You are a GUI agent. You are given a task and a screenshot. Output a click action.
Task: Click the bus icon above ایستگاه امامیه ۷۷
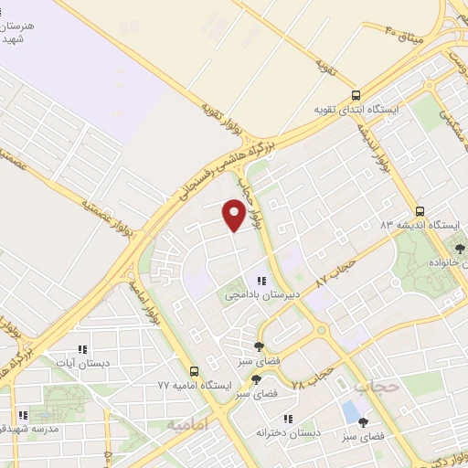click(194, 371)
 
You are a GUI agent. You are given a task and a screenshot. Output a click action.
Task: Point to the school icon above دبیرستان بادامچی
click(261, 281)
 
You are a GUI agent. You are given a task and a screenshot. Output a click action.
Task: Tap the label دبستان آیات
click(82, 363)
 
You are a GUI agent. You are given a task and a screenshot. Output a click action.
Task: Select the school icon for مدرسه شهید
click(23, 413)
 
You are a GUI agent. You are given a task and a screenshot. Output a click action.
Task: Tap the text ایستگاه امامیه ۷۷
click(193, 388)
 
